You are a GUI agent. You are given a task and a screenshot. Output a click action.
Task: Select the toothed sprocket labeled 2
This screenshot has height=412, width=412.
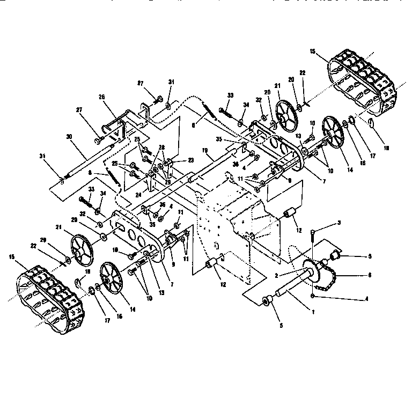(312, 268)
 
